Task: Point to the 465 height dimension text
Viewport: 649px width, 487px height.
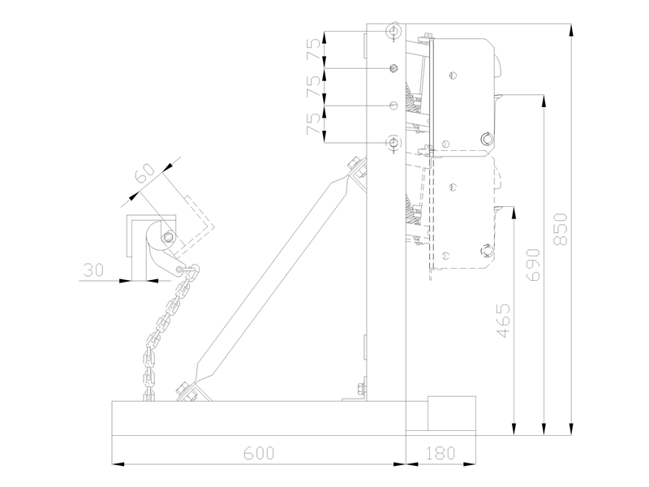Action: (x=504, y=321)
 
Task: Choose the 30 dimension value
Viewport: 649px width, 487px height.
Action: (x=94, y=269)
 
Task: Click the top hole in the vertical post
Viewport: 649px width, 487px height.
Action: (x=393, y=31)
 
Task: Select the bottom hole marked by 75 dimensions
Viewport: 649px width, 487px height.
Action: (x=393, y=143)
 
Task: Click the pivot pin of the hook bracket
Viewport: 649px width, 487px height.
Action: (x=167, y=237)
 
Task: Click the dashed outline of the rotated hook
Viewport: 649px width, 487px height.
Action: (x=199, y=219)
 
